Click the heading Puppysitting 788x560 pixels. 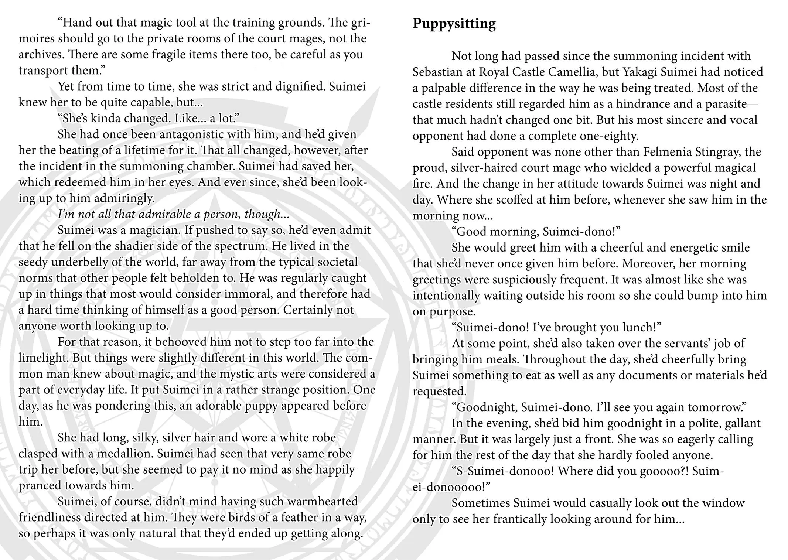[x=454, y=24]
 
